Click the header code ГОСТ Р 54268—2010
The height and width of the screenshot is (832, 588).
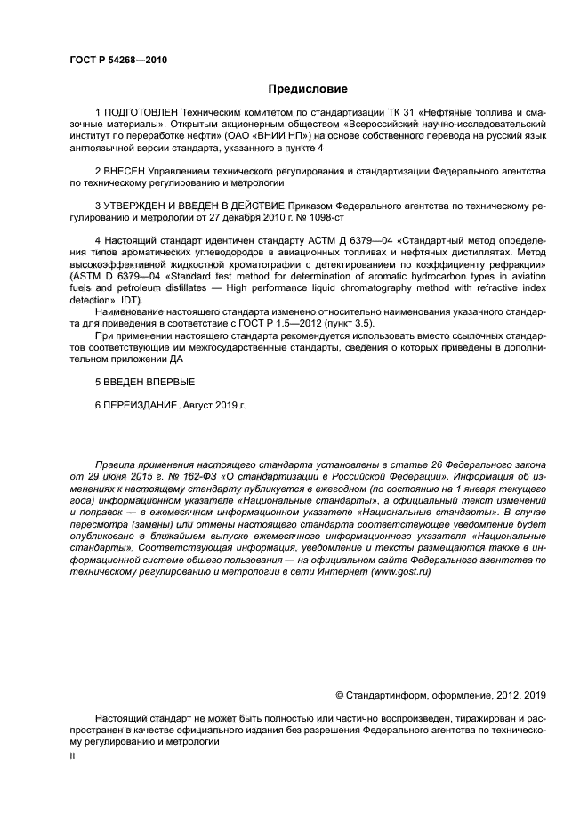(117, 61)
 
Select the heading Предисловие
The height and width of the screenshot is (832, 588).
(309, 89)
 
